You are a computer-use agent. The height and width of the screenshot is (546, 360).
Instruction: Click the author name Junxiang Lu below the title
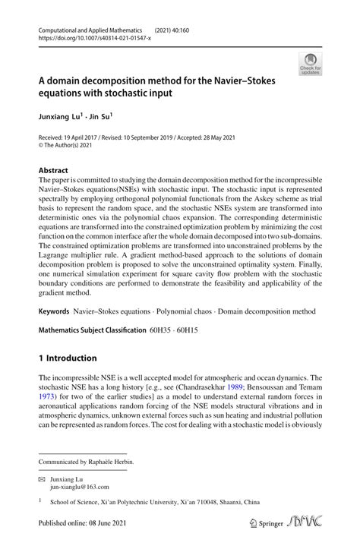(58, 117)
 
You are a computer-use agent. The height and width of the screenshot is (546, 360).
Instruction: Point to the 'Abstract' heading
(53, 171)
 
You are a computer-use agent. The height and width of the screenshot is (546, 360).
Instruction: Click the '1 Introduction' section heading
(68, 358)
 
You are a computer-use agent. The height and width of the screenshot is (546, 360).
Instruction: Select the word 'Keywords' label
(54, 312)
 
